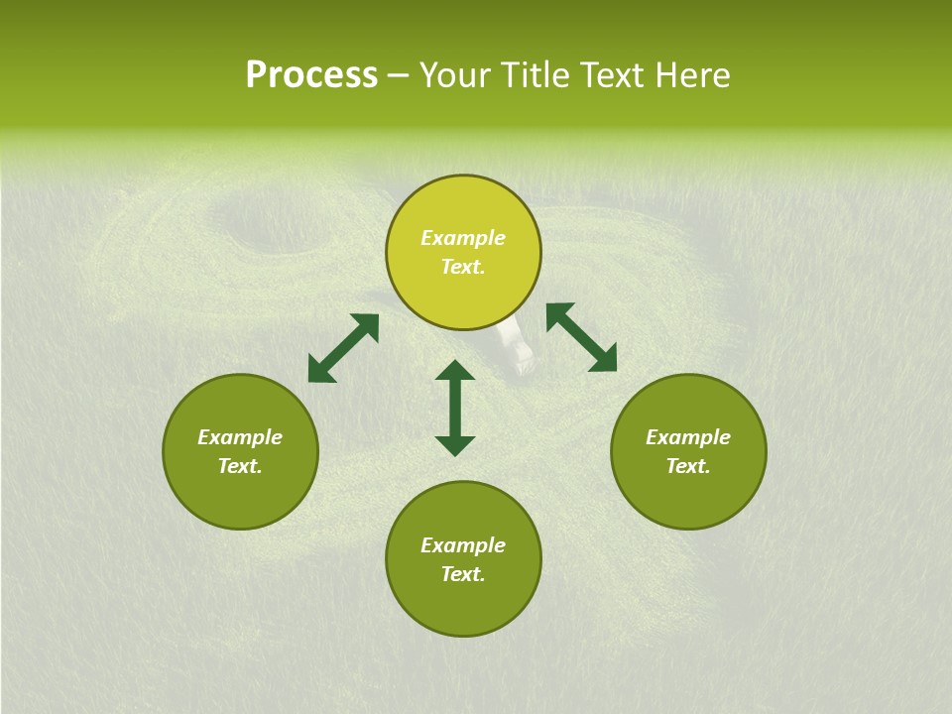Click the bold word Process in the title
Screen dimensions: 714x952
click(x=311, y=75)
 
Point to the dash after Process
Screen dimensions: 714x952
click(x=398, y=76)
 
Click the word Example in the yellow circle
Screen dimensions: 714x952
click(x=463, y=238)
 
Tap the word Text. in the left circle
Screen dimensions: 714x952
click(x=240, y=466)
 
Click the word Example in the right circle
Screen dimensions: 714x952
click(x=688, y=437)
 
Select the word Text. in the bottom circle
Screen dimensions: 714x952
click(x=463, y=574)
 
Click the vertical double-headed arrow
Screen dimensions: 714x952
click(x=455, y=408)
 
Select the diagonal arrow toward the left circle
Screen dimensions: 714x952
click(x=343, y=348)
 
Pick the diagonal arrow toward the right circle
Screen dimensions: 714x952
click(x=582, y=337)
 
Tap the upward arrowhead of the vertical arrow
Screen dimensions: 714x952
click(x=455, y=371)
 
